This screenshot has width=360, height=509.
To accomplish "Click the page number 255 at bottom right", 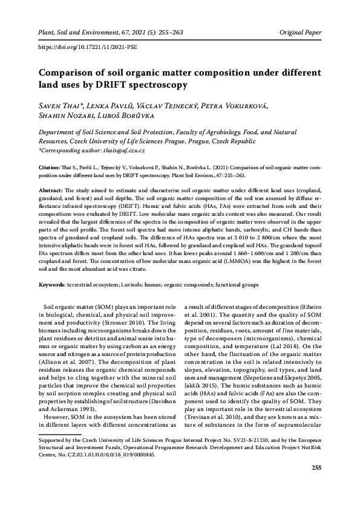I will [x=316, y=485].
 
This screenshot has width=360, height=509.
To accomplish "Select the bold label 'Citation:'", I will [x=50, y=164].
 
